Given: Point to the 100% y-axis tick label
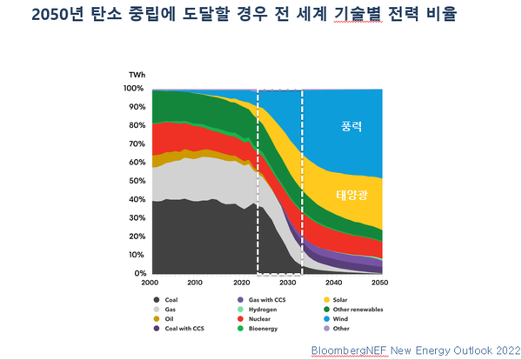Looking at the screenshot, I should pyautogui.click(x=134, y=89).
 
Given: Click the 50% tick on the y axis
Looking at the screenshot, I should pyautogui.click(x=136, y=181).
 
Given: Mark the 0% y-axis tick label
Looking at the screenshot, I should pyautogui.click(x=138, y=274).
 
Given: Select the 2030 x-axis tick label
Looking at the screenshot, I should pyautogui.click(x=288, y=283).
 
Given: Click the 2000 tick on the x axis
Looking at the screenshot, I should pyautogui.click(x=151, y=283).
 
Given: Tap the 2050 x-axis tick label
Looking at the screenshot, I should pyautogui.click(x=380, y=283).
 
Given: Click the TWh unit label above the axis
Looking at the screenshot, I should pyautogui.click(x=137, y=76).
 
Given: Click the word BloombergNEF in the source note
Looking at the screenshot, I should pyautogui.click(x=347, y=350).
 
